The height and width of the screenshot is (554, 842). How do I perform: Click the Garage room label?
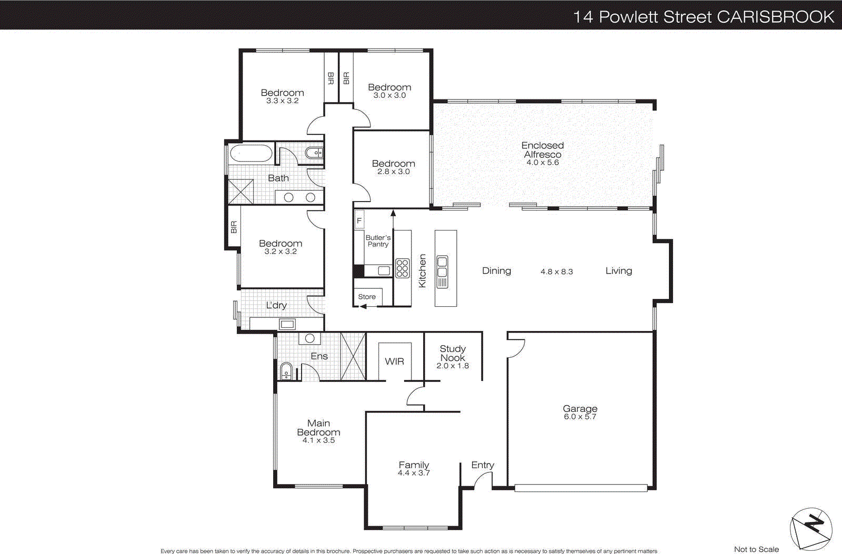pyautogui.click(x=580, y=409)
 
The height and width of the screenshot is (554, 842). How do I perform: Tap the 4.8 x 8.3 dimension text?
pyautogui.click(x=556, y=272)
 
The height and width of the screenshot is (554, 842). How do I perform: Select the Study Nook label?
pyautogui.click(x=453, y=353)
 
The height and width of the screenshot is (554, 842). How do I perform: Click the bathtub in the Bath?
pyautogui.click(x=250, y=155)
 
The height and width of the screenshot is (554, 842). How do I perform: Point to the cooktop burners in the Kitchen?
pyautogui.click(x=402, y=268)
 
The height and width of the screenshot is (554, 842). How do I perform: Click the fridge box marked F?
pyautogui.click(x=359, y=220)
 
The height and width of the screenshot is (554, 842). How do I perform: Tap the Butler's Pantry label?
pyautogui.click(x=378, y=241)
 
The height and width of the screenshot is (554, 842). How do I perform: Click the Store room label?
pyautogui.click(x=367, y=297)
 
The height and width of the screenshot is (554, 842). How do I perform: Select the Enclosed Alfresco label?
pyautogui.click(x=543, y=150)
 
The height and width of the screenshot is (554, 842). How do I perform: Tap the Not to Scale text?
pyautogui.click(x=756, y=549)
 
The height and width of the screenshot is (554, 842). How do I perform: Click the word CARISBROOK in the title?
pyautogui.click(x=776, y=17)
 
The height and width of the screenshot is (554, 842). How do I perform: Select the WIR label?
pyautogui.click(x=394, y=361)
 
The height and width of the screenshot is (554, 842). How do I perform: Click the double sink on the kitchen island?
pyautogui.click(x=442, y=267)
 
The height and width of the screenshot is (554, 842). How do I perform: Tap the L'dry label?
pyautogui.click(x=276, y=306)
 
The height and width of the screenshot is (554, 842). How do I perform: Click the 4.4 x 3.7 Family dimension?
pyautogui.click(x=414, y=473)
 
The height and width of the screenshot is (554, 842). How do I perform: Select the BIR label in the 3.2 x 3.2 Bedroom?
pyautogui.click(x=234, y=227)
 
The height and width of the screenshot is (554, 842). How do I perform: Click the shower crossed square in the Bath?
pyautogui.click(x=240, y=192)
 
